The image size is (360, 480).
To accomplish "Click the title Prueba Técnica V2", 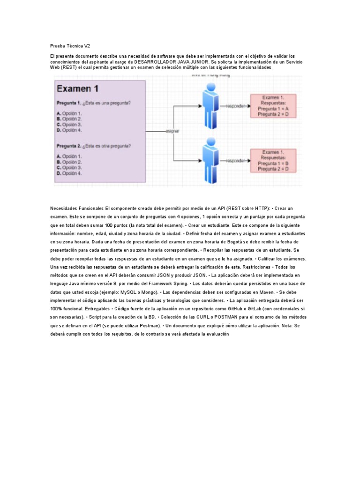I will tap(70, 46).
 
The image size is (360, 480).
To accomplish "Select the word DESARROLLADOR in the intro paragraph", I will tap(156, 61).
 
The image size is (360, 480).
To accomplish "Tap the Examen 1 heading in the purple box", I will tap(78, 88).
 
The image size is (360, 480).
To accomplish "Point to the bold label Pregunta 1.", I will tap(69, 103).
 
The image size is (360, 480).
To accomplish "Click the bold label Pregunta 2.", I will tap(69, 146).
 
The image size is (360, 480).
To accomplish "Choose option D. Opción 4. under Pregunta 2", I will tap(69, 173).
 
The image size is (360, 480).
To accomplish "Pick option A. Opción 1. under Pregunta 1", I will tap(69, 113).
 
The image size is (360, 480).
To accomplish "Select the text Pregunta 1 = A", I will tap(272, 108).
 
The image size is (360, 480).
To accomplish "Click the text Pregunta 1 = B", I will tap(272, 163).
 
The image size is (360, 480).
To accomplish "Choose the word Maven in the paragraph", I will tap(252, 292).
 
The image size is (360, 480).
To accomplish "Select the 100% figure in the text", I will tap(56, 309).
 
